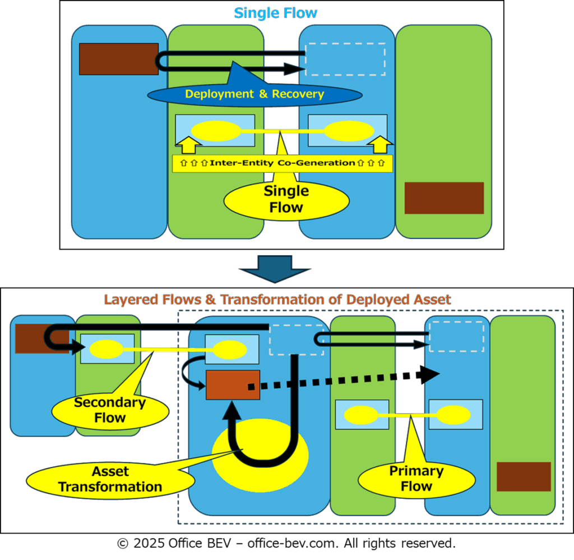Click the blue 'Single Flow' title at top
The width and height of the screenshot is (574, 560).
[x=275, y=13]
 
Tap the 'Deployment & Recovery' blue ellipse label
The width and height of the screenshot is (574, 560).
[x=255, y=95]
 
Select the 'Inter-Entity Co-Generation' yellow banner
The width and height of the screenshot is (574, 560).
[x=283, y=163]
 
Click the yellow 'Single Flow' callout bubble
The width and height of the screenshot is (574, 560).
[x=286, y=200]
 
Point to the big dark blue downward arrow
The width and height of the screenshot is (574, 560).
[x=275, y=269]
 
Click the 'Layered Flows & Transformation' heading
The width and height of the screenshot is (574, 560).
[x=277, y=300]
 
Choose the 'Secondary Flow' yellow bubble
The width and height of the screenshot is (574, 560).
[x=110, y=411]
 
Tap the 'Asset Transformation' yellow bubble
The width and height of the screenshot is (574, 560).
[x=110, y=480]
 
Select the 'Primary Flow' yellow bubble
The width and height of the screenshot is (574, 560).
[x=416, y=479]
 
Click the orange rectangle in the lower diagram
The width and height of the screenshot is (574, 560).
[x=233, y=385]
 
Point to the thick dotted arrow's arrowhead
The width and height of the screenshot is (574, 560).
[x=430, y=375]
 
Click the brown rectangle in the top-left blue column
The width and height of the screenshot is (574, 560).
[x=119, y=59]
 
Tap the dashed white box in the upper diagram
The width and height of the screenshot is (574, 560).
[x=345, y=59]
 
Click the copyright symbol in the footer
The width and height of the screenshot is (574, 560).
[x=123, y=544]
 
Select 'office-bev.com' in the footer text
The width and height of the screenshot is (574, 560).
[x=292, y=543]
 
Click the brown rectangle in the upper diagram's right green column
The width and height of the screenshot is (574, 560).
[x=444, y=198]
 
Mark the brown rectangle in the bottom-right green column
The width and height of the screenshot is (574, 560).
[x=524, y=476]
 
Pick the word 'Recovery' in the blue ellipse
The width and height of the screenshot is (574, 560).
[x=298, y=94]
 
